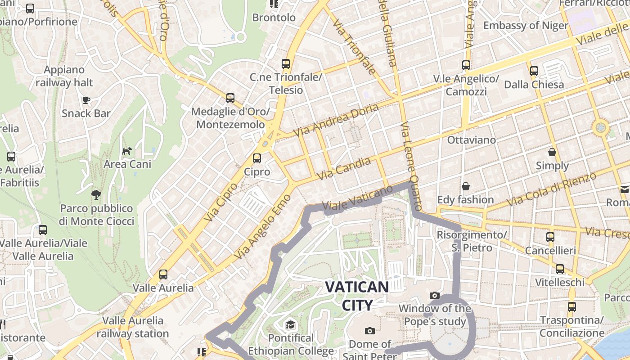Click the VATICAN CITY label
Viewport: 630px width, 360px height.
[357, 296]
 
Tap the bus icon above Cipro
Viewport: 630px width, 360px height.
[257, 158]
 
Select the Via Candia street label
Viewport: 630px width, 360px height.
[344, 168]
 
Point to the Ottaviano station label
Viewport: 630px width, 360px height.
[471, 140]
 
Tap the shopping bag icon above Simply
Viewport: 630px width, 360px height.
[552, 153]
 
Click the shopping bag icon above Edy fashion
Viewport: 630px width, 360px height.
[466, 186]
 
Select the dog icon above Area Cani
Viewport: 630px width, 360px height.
[127, 150]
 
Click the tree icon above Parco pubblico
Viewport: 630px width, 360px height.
[96, 194]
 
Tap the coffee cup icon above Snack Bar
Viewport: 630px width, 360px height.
[86, 100]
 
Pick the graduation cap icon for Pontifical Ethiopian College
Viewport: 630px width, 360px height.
[291, 324]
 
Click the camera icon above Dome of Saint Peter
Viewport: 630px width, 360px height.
[370, 331]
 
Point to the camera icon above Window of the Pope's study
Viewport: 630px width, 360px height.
[434, 295]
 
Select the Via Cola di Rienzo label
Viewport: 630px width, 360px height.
[552, 189]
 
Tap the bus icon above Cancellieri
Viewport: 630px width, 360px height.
[550, 237]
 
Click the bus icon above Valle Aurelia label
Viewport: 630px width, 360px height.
[163, 274]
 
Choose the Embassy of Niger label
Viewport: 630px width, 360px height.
[526, 25]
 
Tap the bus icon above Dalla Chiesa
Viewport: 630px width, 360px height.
[534, 71]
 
